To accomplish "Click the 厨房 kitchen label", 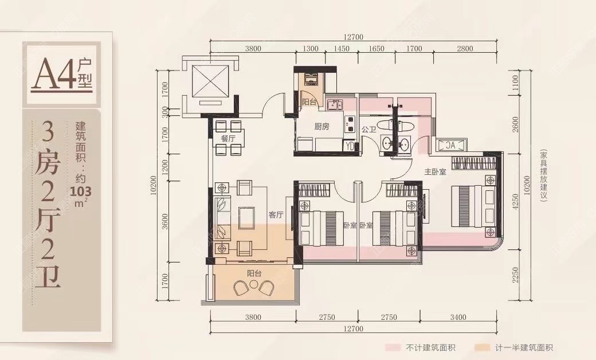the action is pyautogui.click(x=321, y=126).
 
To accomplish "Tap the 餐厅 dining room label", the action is pyautogui.click(x=228, y=138).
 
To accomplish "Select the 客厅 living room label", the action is pyautogui.click(x=276, y=215).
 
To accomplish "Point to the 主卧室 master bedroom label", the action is pyautogui.click(x=435, y=172).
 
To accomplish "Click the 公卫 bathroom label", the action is pyautogui.click(x=368, y=130).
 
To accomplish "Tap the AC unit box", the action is pyautogui.click(x=452, y=145).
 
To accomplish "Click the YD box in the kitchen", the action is pyautogui.click(x=350, y=146).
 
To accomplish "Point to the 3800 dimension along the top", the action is pyautogui.click(x=253, y=49).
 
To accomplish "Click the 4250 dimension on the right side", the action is pyautogui.click(x=515, y=202).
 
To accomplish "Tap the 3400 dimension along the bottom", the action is pyautogui.click(x=458, y=317).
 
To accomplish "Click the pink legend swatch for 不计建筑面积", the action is pyautogui.click(x=393, y=347).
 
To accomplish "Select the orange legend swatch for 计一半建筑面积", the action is pyautogui.click(x=483, y=347).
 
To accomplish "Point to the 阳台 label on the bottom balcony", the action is pyautogui.click(x=254, y=273).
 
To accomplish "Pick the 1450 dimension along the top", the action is pyautogui.click(x=342, y=49).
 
